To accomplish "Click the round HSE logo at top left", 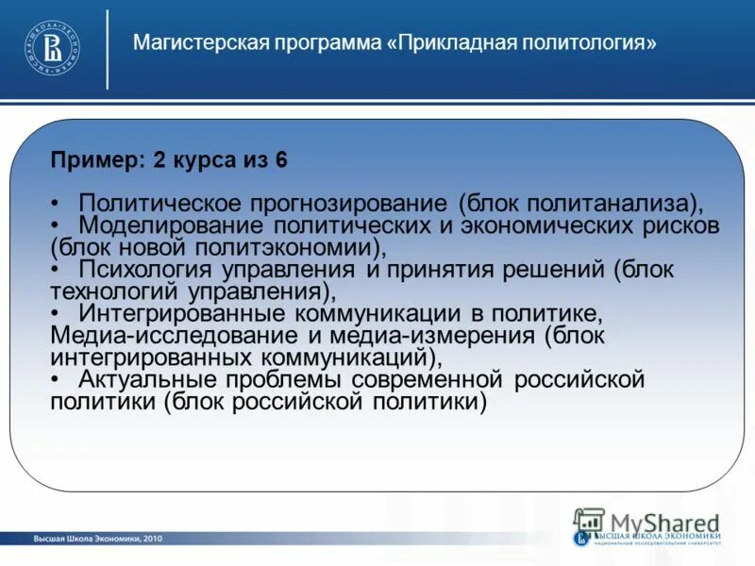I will click(52, 47).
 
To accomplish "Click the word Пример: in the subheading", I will click(93, 160).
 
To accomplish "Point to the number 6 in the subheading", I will click(281, 160).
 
